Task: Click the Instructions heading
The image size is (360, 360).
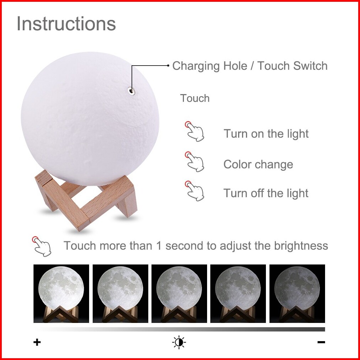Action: [66, 24]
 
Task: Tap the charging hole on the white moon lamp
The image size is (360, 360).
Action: [131, 91]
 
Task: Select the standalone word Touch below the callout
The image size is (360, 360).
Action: [195, 98]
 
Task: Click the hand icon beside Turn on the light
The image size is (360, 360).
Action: [195, 131]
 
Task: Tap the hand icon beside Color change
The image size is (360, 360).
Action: [195, 161]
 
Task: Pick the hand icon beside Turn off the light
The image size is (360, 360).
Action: [195, 191]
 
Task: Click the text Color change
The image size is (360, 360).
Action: [258, 164]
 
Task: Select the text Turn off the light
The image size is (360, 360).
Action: [266, 193]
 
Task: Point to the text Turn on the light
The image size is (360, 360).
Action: [266, 134]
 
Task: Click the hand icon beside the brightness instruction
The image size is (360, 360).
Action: [42, 246]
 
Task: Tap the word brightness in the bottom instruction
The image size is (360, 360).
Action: [301, 246]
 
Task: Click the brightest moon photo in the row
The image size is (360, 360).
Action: [61, 293]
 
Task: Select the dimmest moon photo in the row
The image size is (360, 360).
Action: [297, 293]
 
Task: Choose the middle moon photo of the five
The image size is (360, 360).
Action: [179, 293]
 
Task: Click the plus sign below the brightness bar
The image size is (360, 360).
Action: [37, 342]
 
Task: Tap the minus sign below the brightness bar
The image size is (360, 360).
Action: [321, 342]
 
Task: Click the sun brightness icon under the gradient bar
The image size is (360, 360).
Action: [179, 342]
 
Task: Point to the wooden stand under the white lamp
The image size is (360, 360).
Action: [86, 200]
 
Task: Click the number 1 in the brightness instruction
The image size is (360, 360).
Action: [159, 246]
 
